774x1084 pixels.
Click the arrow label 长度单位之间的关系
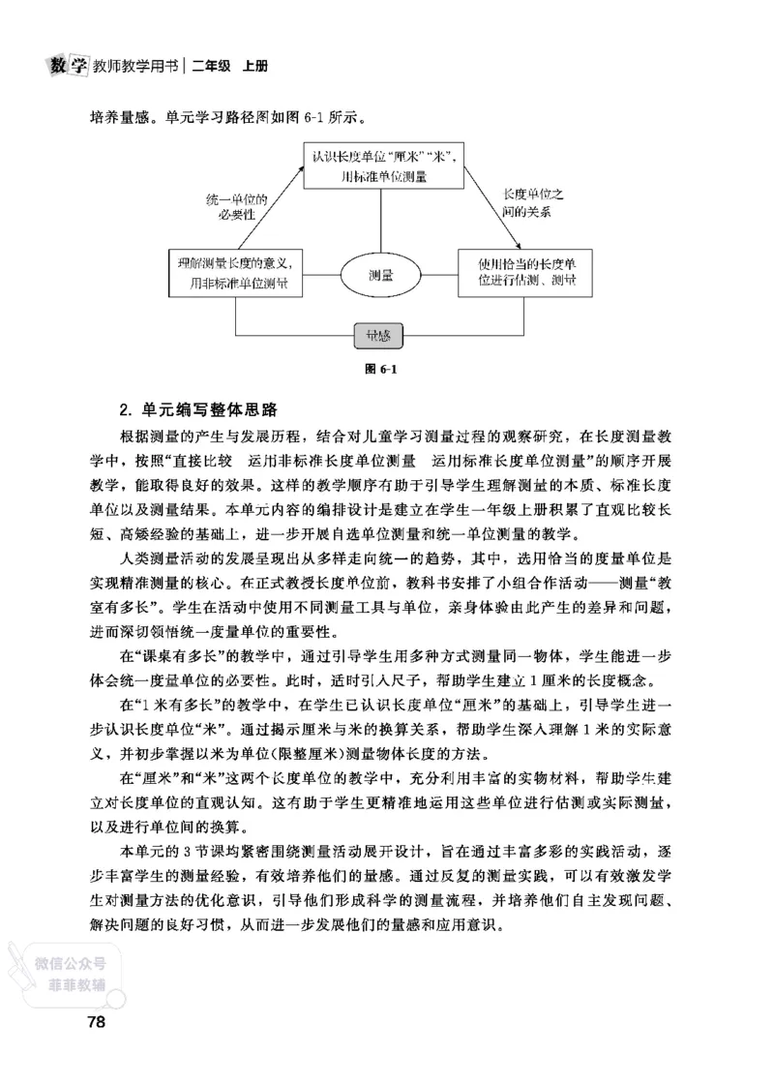pos(530,202)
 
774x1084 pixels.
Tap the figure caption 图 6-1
pos(378,369)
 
